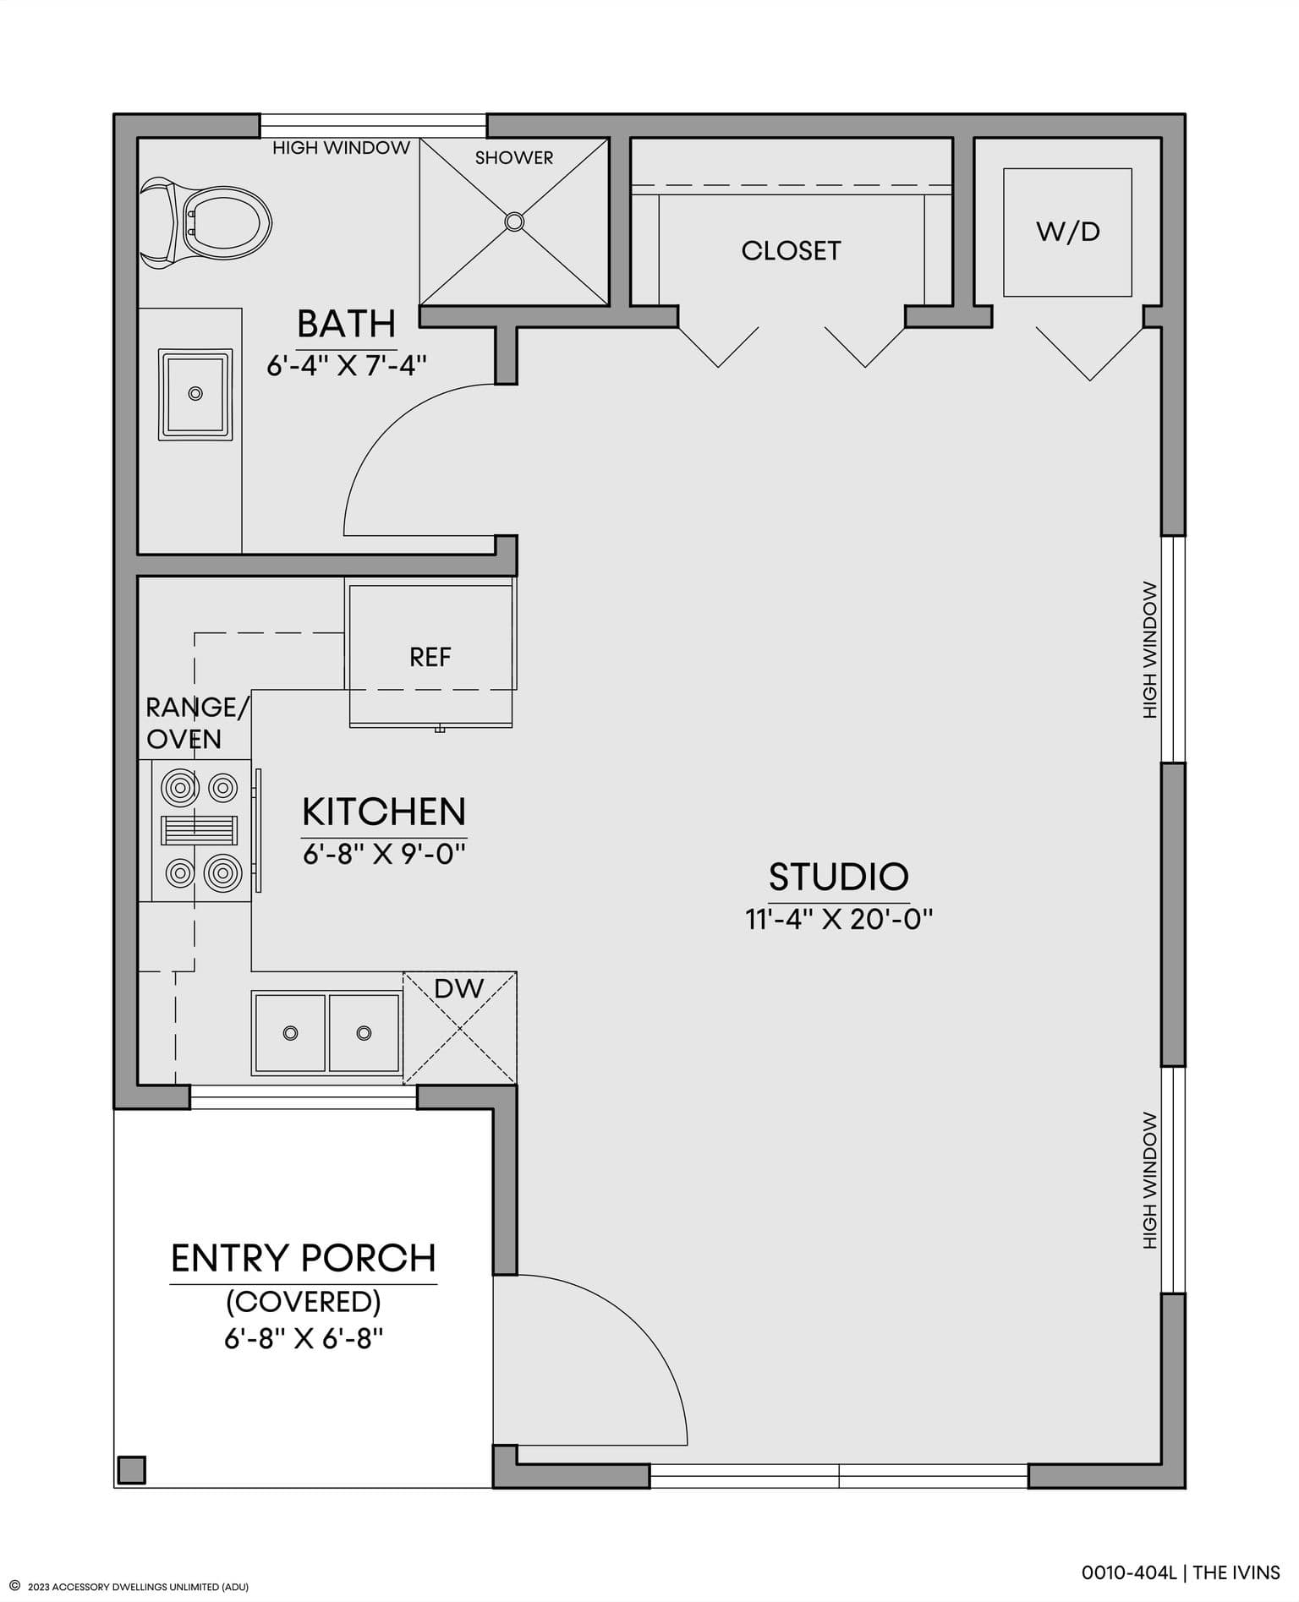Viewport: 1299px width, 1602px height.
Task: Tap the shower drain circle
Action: pyautogui.click(x=514, y=221)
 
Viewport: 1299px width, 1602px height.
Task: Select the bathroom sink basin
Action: pyautogui.click(x=195, y=394)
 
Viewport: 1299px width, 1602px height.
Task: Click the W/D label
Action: pyautogui.click(x=1068, y=232)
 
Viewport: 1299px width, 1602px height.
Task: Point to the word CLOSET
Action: pyautogui.click(x=791, y=251)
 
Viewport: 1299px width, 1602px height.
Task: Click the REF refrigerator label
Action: pyautogui.click(x=430, y=658)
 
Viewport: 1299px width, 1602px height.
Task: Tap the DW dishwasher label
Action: pyautogui.click(x=459, y=988)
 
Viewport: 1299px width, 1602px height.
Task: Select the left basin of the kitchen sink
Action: pyautogui.click(x=290, y=1033)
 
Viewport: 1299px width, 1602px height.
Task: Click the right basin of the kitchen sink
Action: pyautogui.click(x=364, y=1033)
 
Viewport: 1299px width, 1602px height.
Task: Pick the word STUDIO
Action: pyautogui.click(x=838, y=877)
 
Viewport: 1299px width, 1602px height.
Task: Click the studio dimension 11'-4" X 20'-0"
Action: pyautogui.click(x=838, y=919)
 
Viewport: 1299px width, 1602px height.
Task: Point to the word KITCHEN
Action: pyautogui.click(x=384, y=812)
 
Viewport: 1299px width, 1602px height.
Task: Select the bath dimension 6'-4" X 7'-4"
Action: pyautogui.click(x=347, y=365)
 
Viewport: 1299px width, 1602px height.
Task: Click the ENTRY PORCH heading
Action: pyautogui.click(x=304, y=1259)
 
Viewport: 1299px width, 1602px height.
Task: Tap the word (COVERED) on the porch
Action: pyautogui.click(x=304, y=1301)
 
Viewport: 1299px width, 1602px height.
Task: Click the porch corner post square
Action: pyautogui.click(x=132, y=1470)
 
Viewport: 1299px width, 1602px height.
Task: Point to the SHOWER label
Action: pyautogui.click(x=514, y=158)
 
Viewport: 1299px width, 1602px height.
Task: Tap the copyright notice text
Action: pyautogui.click(x=129, y=1587)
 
